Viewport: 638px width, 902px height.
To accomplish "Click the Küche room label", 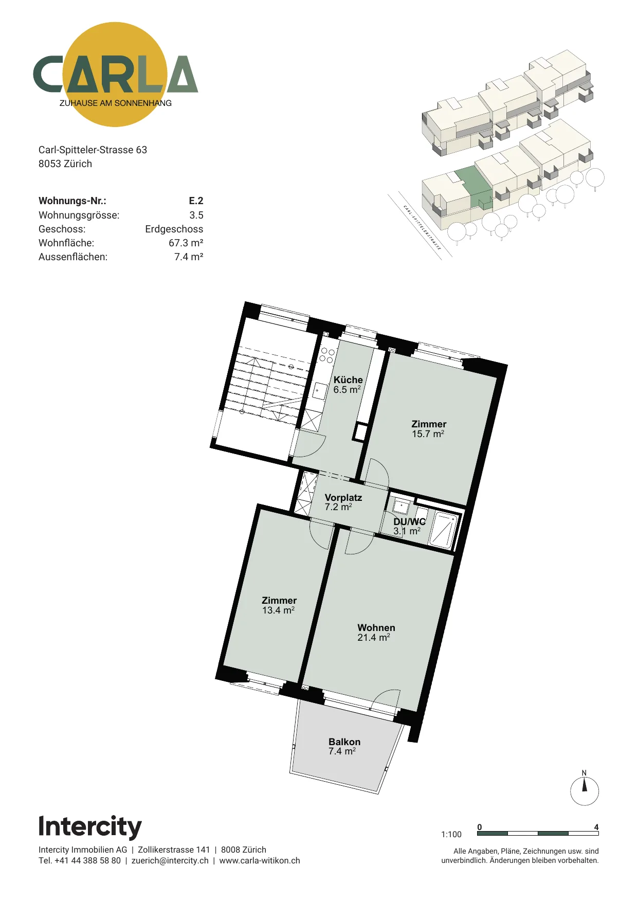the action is click(348, 380).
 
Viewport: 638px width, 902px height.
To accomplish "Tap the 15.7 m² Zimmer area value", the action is click(428, 434).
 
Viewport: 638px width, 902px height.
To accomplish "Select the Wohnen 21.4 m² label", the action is click(376, 633).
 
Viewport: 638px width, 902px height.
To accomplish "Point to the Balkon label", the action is click(344, 742).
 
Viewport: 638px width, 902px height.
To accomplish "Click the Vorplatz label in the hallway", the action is click(343, 497).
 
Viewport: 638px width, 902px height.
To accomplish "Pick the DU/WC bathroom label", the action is click(409, 521).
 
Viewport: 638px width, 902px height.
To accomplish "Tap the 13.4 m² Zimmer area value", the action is click(278, 610).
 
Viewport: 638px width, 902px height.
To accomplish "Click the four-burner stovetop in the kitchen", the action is click(327, 355).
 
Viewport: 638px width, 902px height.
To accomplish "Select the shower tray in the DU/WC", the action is click(443, 530).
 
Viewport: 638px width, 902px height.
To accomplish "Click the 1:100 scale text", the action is click(451, 834).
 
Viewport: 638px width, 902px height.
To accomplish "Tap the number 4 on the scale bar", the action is click(596, 827).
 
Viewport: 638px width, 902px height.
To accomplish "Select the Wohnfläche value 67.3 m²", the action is click(186, 243).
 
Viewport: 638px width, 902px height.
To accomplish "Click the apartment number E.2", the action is click(196, 201).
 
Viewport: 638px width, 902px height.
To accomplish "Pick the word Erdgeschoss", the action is click(174, 229).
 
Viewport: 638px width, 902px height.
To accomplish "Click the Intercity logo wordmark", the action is click(90, 827).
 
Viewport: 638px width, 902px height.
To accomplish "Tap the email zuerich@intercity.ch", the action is click(170, 860).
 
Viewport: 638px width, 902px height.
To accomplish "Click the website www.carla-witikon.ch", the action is click(260, 860).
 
